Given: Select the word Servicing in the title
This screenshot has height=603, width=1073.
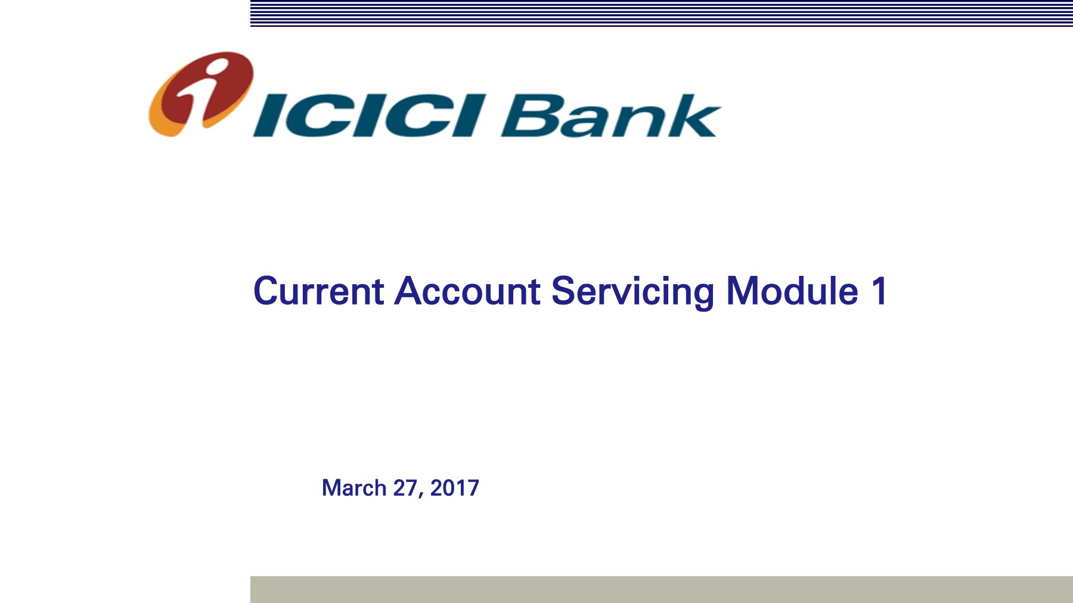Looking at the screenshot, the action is point(632,292).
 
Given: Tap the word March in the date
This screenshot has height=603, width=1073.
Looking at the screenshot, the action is point(354,488).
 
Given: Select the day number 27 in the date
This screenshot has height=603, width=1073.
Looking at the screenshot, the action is point(405,488).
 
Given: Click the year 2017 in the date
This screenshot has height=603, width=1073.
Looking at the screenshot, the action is point(455,488).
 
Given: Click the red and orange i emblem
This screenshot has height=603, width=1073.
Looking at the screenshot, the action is point(200,94).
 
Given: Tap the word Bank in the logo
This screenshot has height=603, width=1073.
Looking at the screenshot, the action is point(612,116).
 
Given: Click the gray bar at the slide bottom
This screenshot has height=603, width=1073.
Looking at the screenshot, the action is point(662,589).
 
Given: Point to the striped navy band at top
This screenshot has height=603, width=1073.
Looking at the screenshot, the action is point(662,14).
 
